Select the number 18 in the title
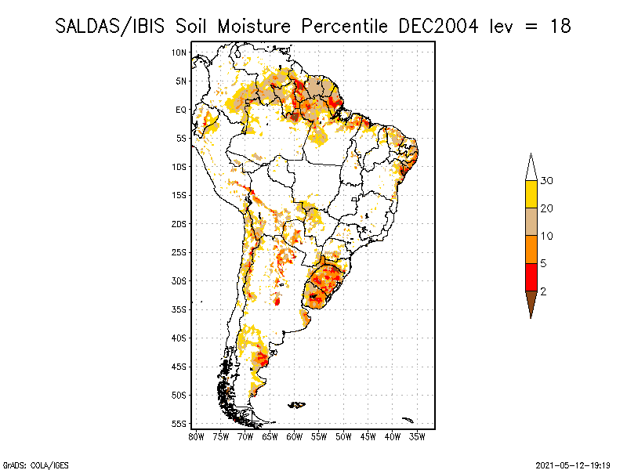click(x=559, y=26)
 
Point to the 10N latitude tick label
click(x=179, y=52)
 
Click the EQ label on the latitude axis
click(x=180, y=110)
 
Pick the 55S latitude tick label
click(x=179, y=424)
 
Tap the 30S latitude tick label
click(x=179, y=280)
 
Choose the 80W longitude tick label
click(x=195, y=436)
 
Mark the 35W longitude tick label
click(x=417, y=436)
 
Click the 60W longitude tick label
click(x=294, y=436)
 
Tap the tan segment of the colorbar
click(x=531, y=222)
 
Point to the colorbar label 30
click(x=547, y=181)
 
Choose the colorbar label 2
click(x=543, y=291)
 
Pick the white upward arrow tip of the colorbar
click(x=531, y=167)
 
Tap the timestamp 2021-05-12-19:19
click(x=573, y=465)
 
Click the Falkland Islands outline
click(x=296, y=404)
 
